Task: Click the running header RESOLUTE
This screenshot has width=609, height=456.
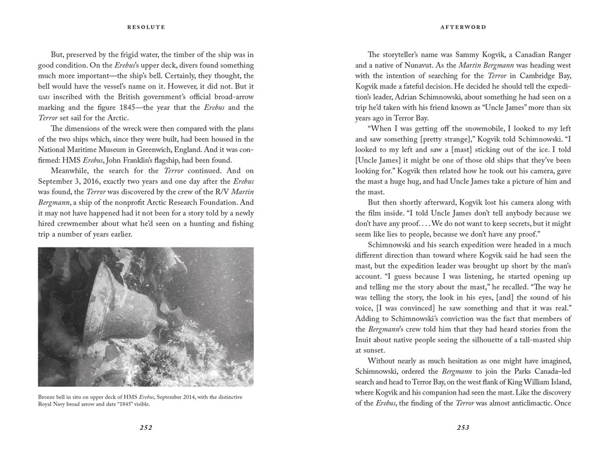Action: tap(146, 27)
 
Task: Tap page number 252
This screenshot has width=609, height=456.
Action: tap(146, 427)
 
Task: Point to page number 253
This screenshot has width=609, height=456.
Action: tap(463, 427)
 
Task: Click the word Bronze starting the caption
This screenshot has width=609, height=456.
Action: tap(48, 397)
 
